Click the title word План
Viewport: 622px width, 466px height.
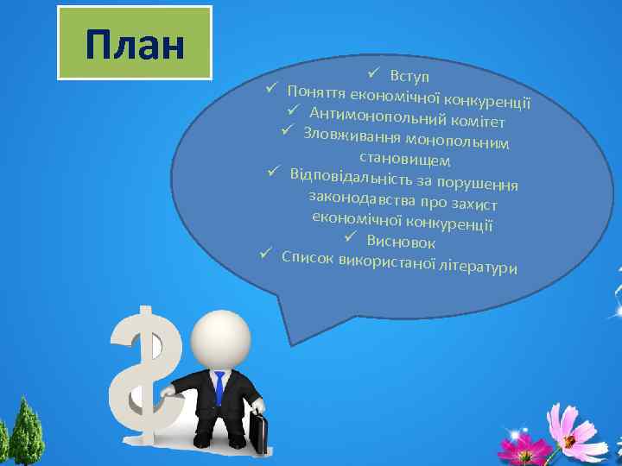click(136, 44)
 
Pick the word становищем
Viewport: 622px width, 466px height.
click(403, 160)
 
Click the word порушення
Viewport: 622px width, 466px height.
click(478, 184)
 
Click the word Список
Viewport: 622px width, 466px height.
click(309, 257)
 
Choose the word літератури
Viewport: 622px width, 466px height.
click(479, 267)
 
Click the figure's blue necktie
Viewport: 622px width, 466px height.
click(219, 387)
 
